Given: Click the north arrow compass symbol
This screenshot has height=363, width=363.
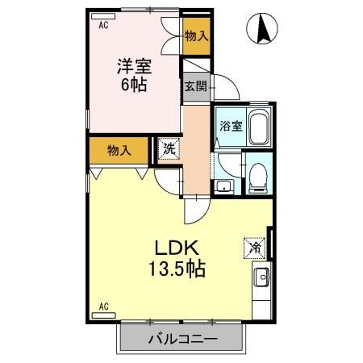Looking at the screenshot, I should [263, 31].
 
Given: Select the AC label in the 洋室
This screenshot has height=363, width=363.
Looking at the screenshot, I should [103, 26].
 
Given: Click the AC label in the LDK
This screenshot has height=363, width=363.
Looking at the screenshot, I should [103, 306].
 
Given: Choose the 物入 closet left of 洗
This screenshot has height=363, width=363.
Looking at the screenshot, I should [118, 148].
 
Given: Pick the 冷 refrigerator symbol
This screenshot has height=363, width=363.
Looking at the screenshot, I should [254, 247].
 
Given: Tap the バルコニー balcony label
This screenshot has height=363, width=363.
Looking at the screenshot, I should [181, 339].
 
